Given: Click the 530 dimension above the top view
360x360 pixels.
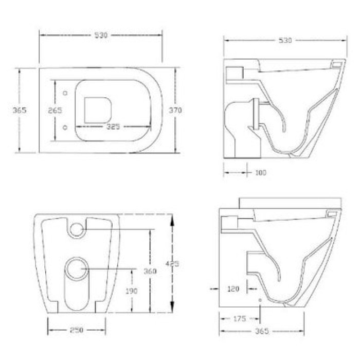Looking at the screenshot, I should pyautogui.click(x=101, y=35).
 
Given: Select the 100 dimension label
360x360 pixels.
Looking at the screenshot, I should pyautogui.click(x=261, y=172).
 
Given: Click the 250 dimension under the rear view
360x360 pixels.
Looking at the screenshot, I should pyautogui.click(x=76, y=329).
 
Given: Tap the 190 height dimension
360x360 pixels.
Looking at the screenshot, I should pyautogui.click(x=132, y=291).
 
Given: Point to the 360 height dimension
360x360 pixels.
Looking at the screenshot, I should pyautogui.click(x=150, y=271).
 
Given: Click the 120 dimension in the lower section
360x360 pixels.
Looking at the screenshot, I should pyautogui.click(x=233, y=290).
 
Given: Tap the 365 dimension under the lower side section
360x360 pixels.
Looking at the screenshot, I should pyautogui.click(x=262, y=331).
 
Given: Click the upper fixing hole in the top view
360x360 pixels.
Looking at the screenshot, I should pyautogui.click(x=65, y=93).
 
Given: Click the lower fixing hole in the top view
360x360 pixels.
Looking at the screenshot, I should pyautogui.click(x=65, y=127).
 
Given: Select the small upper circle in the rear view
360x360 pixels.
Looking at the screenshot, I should pyautogui.click(x=78, y=228).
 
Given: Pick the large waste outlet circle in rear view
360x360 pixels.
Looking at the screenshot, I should pyautogui.click(x=77, y=267).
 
